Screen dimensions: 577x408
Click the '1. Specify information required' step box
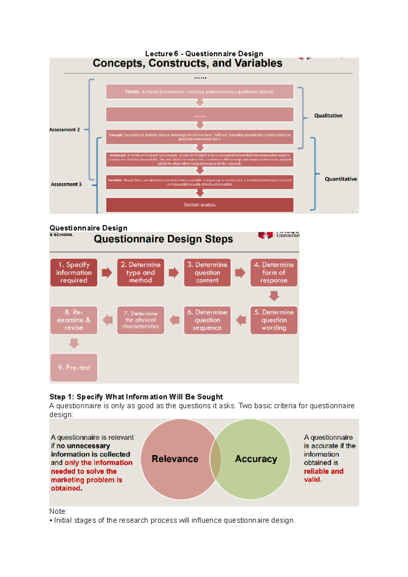point(74,273)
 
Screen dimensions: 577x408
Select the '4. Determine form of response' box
point(274,273)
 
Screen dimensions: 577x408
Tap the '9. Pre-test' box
point(74,367)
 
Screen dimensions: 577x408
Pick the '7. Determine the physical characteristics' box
point(140,320)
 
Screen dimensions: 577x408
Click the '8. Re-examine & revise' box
point(74,320)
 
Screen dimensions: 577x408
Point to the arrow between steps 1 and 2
point(107,273)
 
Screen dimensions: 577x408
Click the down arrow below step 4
point(274,296)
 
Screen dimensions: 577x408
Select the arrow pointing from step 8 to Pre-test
point(74,343)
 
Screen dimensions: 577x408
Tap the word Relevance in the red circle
point(175,459)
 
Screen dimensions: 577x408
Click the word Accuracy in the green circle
point(256,459)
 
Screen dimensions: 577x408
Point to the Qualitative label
point(328,116)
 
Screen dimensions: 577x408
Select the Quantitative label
point(341,179)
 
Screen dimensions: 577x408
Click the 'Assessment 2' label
point(64,129)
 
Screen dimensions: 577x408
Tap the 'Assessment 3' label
point(66,184)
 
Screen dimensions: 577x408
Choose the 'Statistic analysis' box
point(200,205)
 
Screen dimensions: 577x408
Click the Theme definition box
point(200,92)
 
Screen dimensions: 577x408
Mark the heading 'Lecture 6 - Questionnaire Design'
point(204,54)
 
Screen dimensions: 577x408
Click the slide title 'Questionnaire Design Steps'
point(163,239)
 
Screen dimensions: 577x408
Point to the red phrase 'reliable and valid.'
point(323,475)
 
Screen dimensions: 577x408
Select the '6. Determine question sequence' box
point(207,320)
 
